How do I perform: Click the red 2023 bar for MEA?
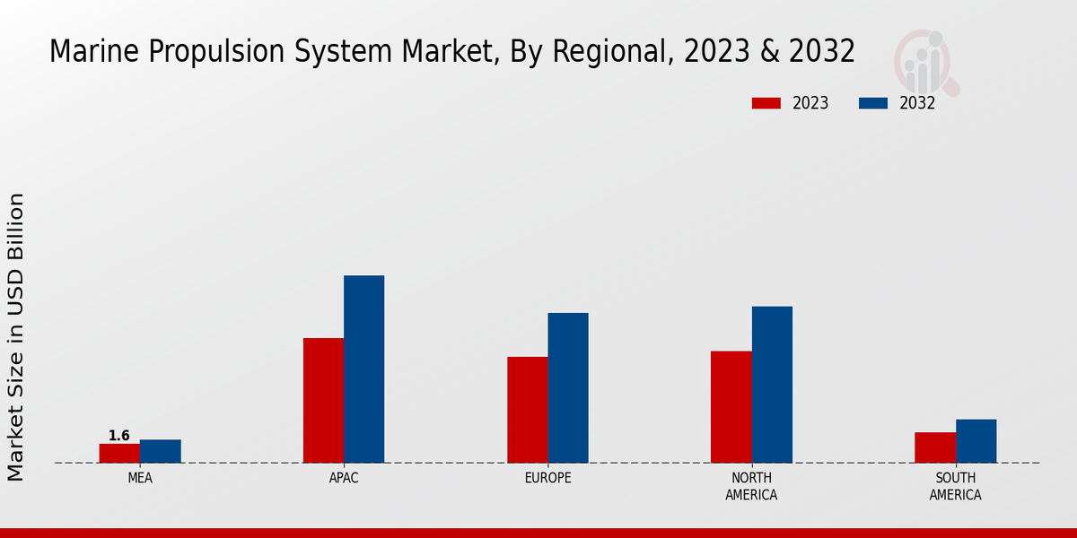119,454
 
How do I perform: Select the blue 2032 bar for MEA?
161,451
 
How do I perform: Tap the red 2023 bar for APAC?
323,400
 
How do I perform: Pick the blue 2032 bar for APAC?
364,369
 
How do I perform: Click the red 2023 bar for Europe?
528,410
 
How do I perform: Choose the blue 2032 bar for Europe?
568,387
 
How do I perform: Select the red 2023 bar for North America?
731,406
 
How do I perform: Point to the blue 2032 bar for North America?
772,385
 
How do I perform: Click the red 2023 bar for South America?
935,447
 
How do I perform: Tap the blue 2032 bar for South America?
976,441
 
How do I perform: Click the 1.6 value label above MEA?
119,436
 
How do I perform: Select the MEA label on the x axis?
140,479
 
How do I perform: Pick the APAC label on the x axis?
344,479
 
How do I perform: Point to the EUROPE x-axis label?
547,479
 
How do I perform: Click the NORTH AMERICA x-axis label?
751,487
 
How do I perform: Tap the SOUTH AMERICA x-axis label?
955,487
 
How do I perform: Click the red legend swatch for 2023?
766,103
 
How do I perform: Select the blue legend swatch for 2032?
873,103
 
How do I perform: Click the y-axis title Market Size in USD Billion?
16,336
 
